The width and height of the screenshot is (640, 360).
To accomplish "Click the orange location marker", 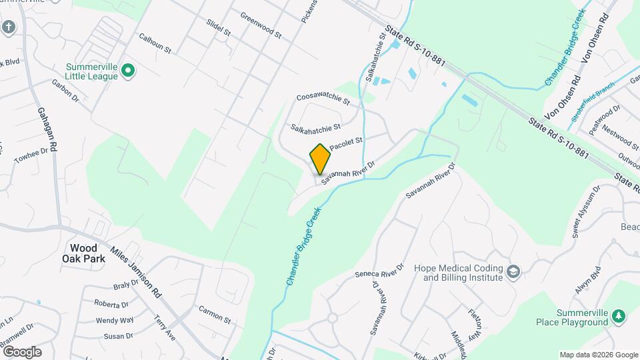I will click(321, 159).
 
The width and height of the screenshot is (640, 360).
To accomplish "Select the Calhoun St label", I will click(155, 45).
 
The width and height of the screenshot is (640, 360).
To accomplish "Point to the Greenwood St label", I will click(261, 25).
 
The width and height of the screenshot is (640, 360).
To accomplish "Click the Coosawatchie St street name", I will click(323, 99).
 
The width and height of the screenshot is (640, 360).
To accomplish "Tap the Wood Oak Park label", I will click(80, 253).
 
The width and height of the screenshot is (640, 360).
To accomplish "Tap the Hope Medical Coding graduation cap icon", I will click(513, 272).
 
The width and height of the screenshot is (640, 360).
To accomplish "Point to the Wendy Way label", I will click(115, 320).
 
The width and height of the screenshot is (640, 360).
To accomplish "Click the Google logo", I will click(22, 351).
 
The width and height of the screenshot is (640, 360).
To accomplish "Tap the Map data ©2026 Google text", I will click(598, 355).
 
